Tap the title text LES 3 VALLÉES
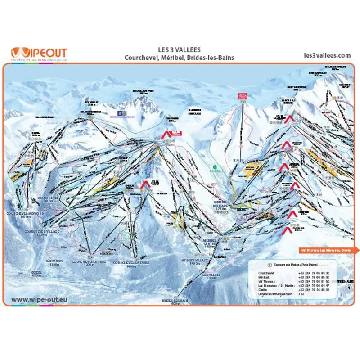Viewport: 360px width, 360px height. point(180,50)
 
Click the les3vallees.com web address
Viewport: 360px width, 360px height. point(327,55)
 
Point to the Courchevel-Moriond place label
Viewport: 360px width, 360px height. point(25,215)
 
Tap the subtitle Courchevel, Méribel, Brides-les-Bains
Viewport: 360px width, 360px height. point(180,58)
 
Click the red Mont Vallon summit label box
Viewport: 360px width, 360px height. point(243,95)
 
